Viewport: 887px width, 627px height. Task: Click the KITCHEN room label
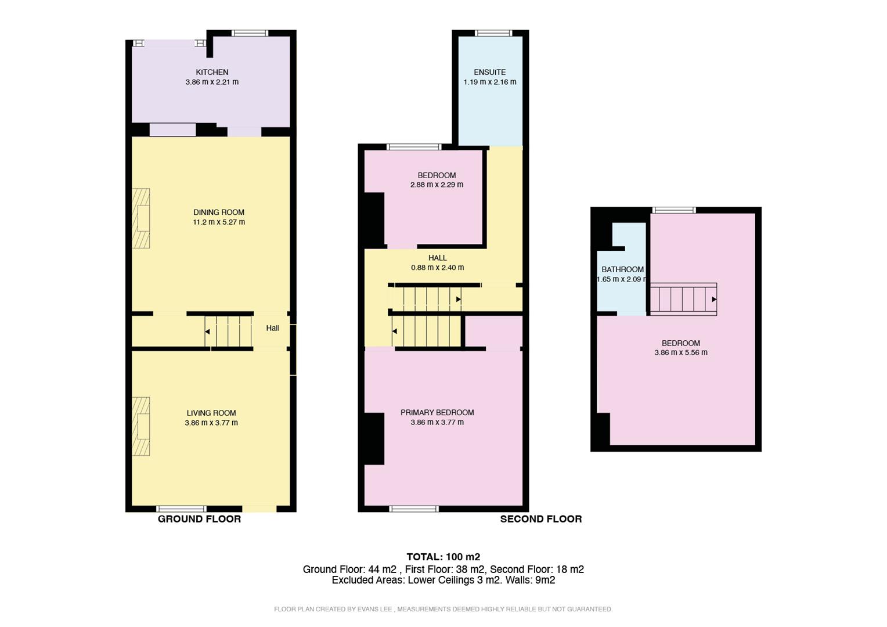[x=212, y=72]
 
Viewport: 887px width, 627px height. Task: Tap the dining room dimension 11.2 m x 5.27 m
[x=219, y=222]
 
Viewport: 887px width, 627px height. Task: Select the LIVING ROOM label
[x=211, y=413]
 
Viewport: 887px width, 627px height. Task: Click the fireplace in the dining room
[x=140, y=219]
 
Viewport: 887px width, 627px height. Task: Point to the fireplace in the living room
[x=140, y=427]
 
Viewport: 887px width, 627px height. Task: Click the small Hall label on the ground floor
[x=272, y=328]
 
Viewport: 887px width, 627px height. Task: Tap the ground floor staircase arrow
[x=207, y=331]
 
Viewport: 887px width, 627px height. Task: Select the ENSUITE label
[x=489, y=72]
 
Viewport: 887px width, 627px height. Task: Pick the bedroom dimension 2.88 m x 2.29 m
[x=437, y=185]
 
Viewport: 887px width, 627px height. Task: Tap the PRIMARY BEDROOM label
[x=437, y=413]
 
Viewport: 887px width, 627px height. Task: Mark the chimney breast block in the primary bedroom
[x=374, y=439]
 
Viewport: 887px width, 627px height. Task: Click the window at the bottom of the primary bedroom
[x=414, y=509]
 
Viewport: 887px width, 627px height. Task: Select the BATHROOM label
[x=622, y=269]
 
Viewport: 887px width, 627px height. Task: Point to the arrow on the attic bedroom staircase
[x=714, y=300]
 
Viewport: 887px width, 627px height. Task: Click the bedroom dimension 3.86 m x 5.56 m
[x=680, y=352]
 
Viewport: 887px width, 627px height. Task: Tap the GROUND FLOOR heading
[x=199, y=519]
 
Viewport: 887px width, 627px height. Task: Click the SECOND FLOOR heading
[x=540, y=519]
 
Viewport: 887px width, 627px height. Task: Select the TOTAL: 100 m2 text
[x=443, y=557]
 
